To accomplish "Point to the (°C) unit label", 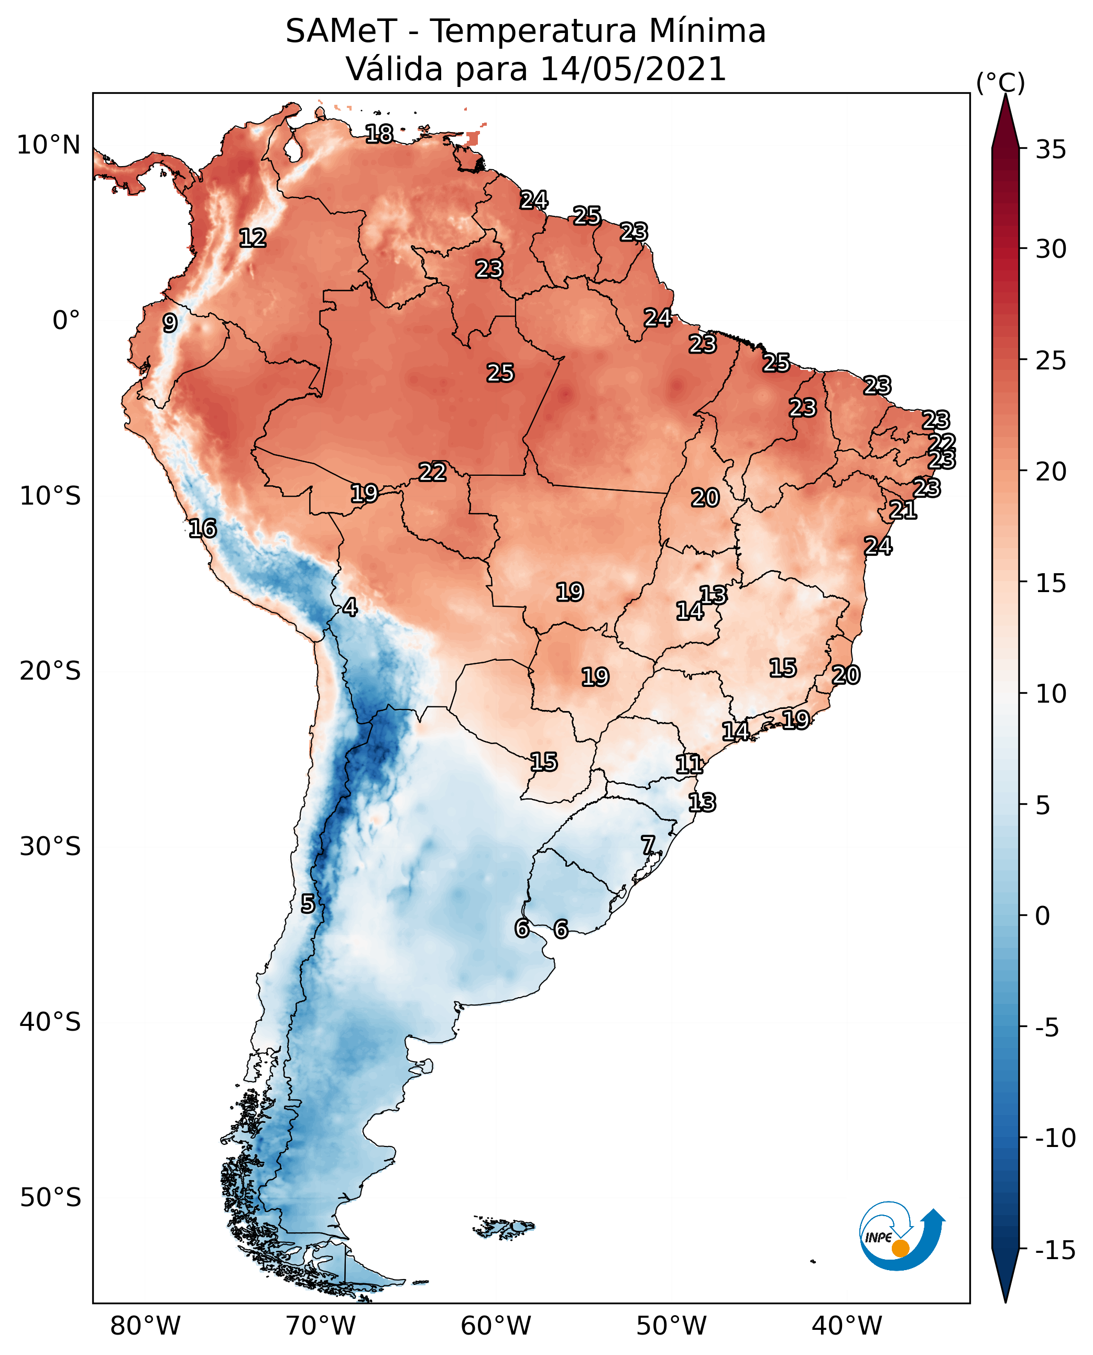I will (1000, 82).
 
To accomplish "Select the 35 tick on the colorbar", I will (1050, 150).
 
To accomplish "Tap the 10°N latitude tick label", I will (49, 146).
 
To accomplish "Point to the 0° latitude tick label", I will (66, 321).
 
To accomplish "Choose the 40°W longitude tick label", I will (846, 1326).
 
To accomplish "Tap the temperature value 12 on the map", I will (253, 238).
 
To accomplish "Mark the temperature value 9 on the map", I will (169, 323).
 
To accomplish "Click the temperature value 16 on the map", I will (202, 528).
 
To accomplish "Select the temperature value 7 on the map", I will (648, 845).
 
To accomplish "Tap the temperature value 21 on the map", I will (903, 510).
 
